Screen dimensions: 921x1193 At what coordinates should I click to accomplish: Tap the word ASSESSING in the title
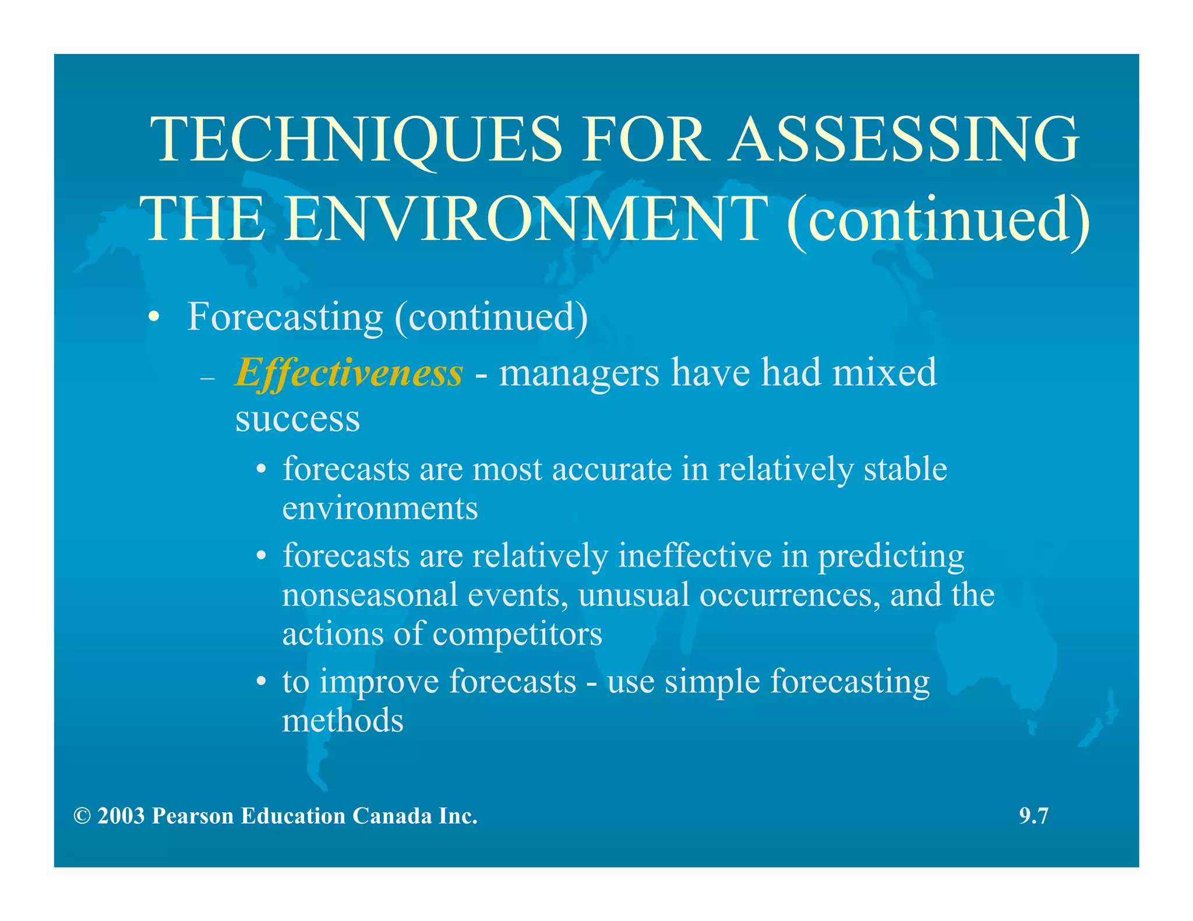[x=904, y=139]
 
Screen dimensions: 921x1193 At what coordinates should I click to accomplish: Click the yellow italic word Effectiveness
[x=349, y=373]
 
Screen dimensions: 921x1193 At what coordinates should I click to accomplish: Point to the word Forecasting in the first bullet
[x=285, y=317]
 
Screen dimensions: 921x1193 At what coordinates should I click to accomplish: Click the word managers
[x=579, y=374]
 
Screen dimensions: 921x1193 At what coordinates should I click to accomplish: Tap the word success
[x=298, y=419]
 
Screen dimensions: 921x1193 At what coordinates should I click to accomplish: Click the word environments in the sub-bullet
[x=380, y=509]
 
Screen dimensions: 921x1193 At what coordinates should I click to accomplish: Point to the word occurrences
[x=790, y=596]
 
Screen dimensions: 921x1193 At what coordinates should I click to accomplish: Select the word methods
[x=343, y=721]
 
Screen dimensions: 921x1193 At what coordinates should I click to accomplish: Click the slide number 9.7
[x=1033, y=816]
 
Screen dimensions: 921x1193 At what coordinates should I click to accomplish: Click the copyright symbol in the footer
[x=82, y=816]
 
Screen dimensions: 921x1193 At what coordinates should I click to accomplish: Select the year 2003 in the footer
[x=121, y=816]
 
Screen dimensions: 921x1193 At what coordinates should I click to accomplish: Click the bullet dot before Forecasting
[x=153, y=318]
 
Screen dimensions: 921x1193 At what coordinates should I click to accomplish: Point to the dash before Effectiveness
[x=207, y=379]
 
